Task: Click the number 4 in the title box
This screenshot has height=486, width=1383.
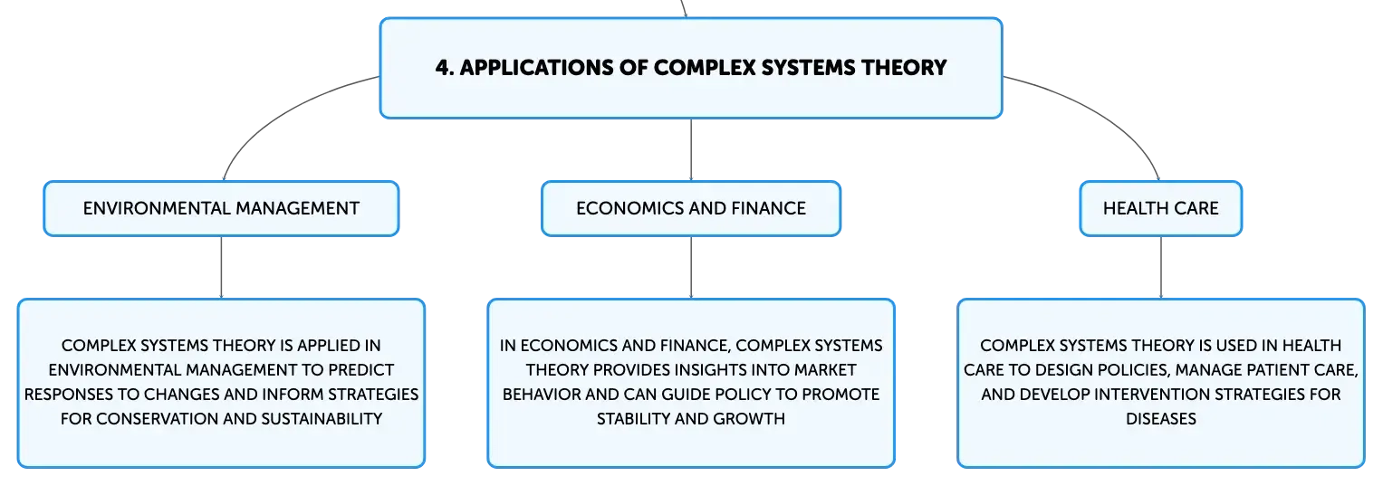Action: pyautogui.click(x=439, y=68)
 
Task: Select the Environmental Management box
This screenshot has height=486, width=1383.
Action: pyautogui.click(x=221, y=209)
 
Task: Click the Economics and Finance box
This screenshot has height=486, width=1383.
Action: pyautogui.click(x=691, y=209)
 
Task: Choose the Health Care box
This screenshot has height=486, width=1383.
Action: pyautogui.click(x=1160, y=209)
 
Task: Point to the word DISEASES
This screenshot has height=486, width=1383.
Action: pyautogui.click(x=1160, y=419)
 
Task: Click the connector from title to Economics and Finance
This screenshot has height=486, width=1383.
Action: pyautogui.click(x=691, y=149)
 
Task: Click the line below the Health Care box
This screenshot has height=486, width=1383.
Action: pyautogui.click(x=1160, y=268)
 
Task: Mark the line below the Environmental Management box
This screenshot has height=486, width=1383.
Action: pyautogui.click(x=221, y=268)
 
